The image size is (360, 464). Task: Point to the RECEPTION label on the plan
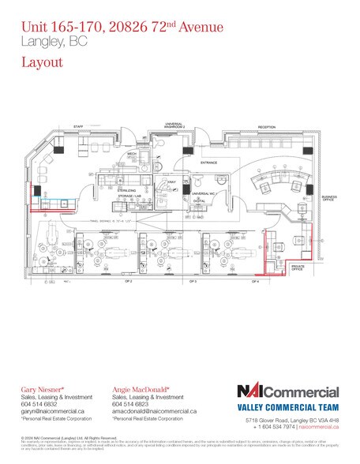tap(267, 125)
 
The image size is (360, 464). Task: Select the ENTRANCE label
tap(208, 163)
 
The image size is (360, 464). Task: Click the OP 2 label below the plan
tap(126, 281)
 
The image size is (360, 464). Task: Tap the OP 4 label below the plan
tap(255, 281)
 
